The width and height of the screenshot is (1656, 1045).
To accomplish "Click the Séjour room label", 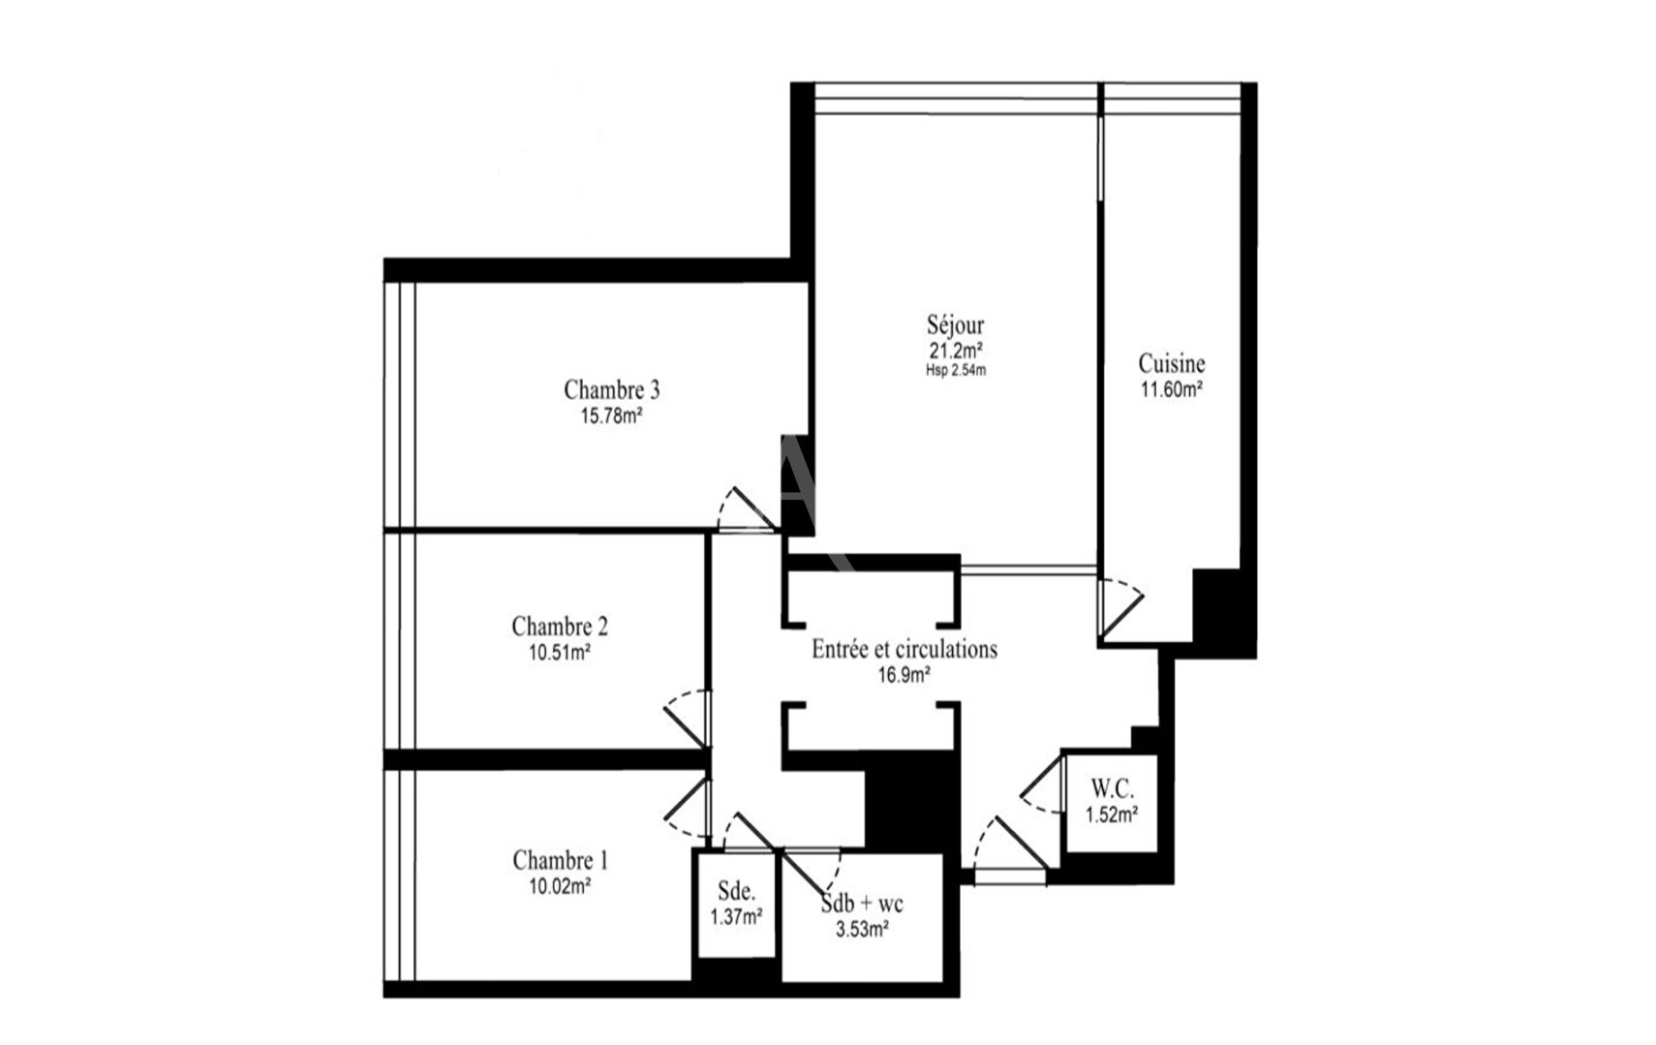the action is (955, 324).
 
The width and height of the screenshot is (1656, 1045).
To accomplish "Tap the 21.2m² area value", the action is (955, 350).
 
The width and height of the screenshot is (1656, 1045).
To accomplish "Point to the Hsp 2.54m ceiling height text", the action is (955, 371).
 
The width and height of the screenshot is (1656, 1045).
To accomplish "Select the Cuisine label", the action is (1171, 363).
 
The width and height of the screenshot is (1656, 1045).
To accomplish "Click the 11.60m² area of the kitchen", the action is (1171, 389).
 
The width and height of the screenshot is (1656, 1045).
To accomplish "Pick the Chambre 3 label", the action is (611, 389).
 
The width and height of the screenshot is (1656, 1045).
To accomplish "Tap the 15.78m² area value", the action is (611, 415).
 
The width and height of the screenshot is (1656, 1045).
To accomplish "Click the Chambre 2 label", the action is (560, 627).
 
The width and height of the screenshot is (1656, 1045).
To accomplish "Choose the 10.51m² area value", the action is (560, 653).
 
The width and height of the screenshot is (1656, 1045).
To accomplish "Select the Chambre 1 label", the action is (561, 860).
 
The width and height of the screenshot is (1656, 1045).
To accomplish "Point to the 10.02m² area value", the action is (560, 886).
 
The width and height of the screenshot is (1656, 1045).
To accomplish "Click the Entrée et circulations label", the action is (905, 649).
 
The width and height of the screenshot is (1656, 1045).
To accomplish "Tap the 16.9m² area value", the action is (905, 675).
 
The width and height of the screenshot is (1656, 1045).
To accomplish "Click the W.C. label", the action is (1112, 789).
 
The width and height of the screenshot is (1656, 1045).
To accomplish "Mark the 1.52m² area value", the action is (1112, 815).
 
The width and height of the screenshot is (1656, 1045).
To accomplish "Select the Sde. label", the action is (736, 891).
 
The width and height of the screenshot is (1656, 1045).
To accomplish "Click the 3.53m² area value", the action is (862, 930).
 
